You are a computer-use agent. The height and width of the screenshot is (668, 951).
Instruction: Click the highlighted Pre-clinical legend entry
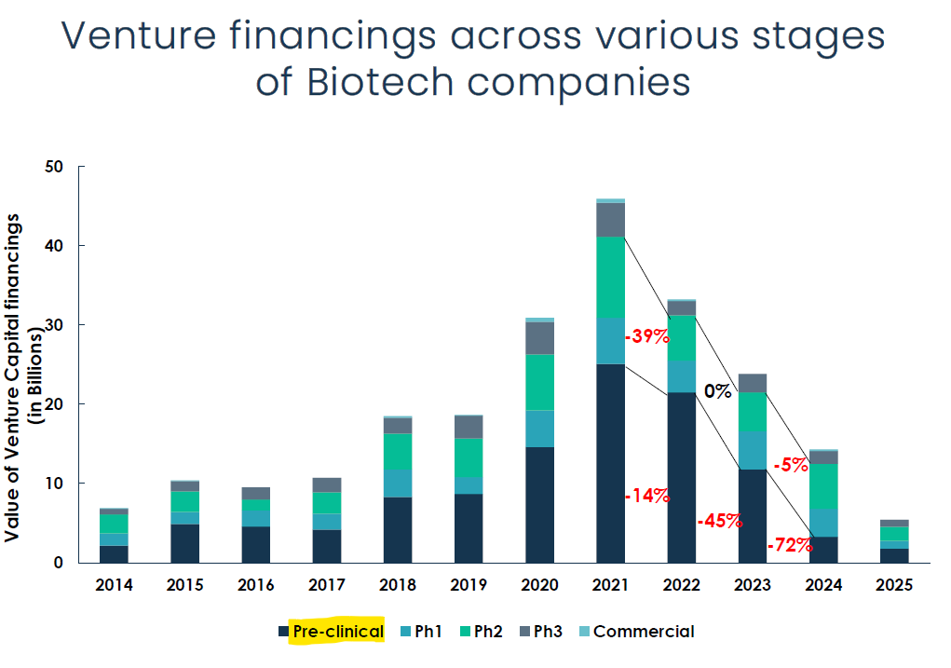pyautogui.click(x=337, y=632)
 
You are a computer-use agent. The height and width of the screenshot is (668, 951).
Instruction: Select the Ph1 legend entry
pyautogui.click(x=428, y=632)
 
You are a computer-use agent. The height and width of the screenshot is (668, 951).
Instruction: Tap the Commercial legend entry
pyautogui.click(x=644, y=632)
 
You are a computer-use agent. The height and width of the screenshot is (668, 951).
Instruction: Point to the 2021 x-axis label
pyautogui.click(x=610, y=585)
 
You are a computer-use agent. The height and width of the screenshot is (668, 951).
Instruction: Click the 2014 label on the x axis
pyautogui.click(x=114, y=585)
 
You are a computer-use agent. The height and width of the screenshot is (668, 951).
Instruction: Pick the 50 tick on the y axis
pyautogui.click(x=54, y=167)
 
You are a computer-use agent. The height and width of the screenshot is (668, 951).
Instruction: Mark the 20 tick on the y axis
pyautogui.click(x=54, y=404)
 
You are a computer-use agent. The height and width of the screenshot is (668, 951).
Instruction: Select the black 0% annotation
pyautogui.click(x=717, y=391)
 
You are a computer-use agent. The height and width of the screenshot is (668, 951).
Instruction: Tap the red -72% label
pyautogui.click(x=789, y=546)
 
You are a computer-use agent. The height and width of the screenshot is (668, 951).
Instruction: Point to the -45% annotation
pyautogui.click(x=719, y=521)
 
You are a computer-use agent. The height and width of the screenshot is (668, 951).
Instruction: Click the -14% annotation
pyautogui.click(x=647, y=496)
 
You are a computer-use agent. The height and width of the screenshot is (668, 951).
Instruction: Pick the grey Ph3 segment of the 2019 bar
pyautogui.click(x=469, y=427)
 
